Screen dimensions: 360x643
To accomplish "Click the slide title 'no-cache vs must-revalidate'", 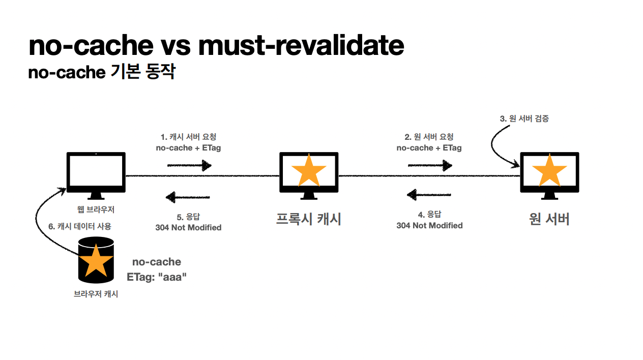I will click(216, 46).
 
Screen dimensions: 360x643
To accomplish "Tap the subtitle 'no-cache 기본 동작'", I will click(102, 72).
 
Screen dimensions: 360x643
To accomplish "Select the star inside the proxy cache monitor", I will click(308, 171).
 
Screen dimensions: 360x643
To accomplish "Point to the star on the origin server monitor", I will click(549, 171).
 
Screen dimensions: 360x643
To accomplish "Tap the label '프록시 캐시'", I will click(308, 219).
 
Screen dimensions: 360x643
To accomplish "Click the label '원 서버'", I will click(549, 219).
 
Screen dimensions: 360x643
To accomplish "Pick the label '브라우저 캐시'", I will click(96, 294).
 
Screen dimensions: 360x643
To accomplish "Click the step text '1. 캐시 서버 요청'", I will click(188, 137).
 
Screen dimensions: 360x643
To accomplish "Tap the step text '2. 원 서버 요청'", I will click(429, 137).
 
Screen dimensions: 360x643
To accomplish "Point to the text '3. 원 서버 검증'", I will click(524, 119).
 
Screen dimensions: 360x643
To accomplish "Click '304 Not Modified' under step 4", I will click(429, 225).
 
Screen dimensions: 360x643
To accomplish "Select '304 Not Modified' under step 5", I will click(188, 227).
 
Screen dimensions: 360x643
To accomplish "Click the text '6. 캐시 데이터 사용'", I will click(80, 226).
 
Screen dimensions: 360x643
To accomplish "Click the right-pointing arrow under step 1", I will click(189, 165).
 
